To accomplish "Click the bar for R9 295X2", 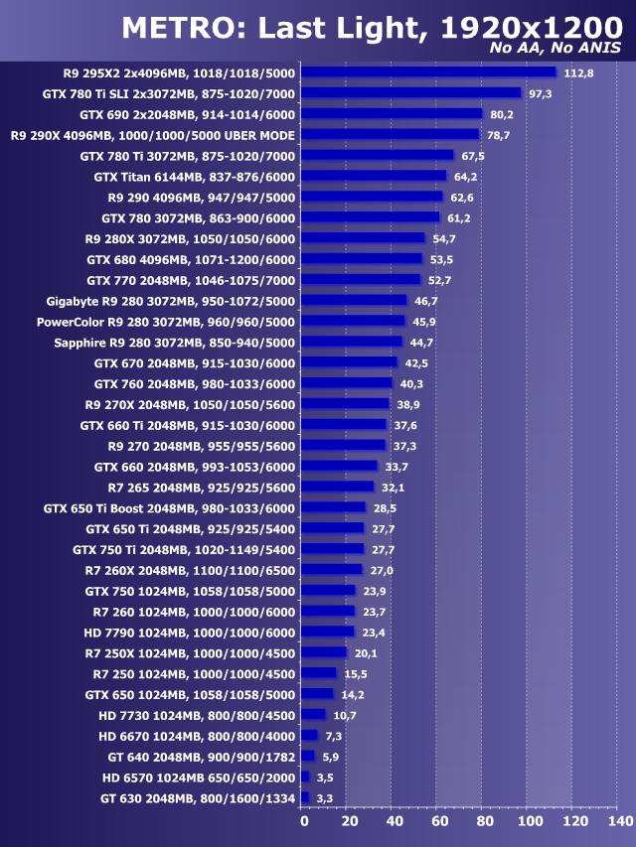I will tap(428, 72).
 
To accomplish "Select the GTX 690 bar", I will tap(391, 113).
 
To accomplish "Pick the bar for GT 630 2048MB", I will tap(305, 797).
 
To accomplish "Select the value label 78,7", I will tap(499, 135).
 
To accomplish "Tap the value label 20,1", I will tap(367, 652).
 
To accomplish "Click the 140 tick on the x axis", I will tap(619, 822).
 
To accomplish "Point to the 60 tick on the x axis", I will tap(440, 822).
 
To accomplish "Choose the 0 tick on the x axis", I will tap(304, 822).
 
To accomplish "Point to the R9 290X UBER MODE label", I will tap(153, 135).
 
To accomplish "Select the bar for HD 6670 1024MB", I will tap(309, 735).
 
